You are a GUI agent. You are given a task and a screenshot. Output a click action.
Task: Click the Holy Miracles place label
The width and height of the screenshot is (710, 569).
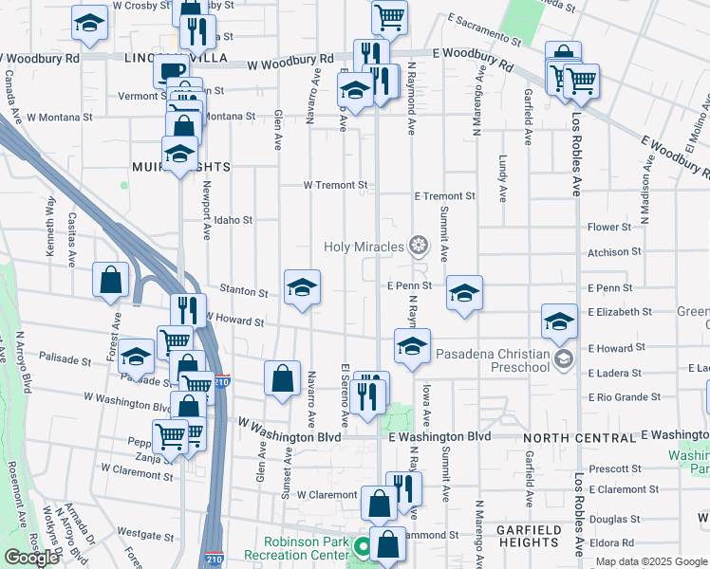point(363,248)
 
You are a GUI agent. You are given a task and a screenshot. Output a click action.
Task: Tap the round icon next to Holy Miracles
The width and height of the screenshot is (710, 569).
point(417,248)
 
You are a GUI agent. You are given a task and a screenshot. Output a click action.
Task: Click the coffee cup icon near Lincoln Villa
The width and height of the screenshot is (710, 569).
point(171,70)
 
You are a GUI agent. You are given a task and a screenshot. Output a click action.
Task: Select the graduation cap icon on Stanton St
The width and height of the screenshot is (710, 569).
point(303,287)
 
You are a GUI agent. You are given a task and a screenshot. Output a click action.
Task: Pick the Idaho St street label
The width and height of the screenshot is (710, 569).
point(233,220)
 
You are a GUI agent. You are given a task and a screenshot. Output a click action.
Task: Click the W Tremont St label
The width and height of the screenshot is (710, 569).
point(335,185)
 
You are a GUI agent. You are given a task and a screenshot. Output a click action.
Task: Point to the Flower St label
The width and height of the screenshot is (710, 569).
point(609,228)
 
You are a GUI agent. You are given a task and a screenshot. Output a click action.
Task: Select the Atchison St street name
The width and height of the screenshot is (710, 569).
point(607,252)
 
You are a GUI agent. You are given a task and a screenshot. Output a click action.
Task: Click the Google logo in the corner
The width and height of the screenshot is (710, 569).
point(31,558)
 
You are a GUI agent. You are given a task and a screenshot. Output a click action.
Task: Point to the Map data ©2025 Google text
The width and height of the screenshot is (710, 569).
point(649,561)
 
